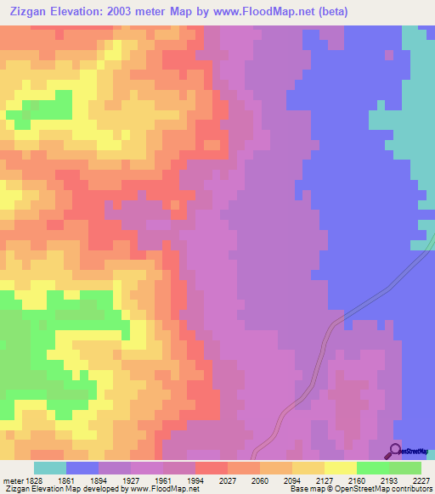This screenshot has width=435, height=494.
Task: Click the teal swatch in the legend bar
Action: pyautogui.click(x=50, y=468)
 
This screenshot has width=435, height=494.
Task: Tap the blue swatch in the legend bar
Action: pyautogui.click(x=82, y=468)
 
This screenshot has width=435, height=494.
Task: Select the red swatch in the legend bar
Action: pyautogui.click(x=212, y=468)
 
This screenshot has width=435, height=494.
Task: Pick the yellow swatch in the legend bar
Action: pyautogui.click(x=341, y=468)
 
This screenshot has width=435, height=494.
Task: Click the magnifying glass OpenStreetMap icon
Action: pyautogui.click(x=393, y=451)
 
